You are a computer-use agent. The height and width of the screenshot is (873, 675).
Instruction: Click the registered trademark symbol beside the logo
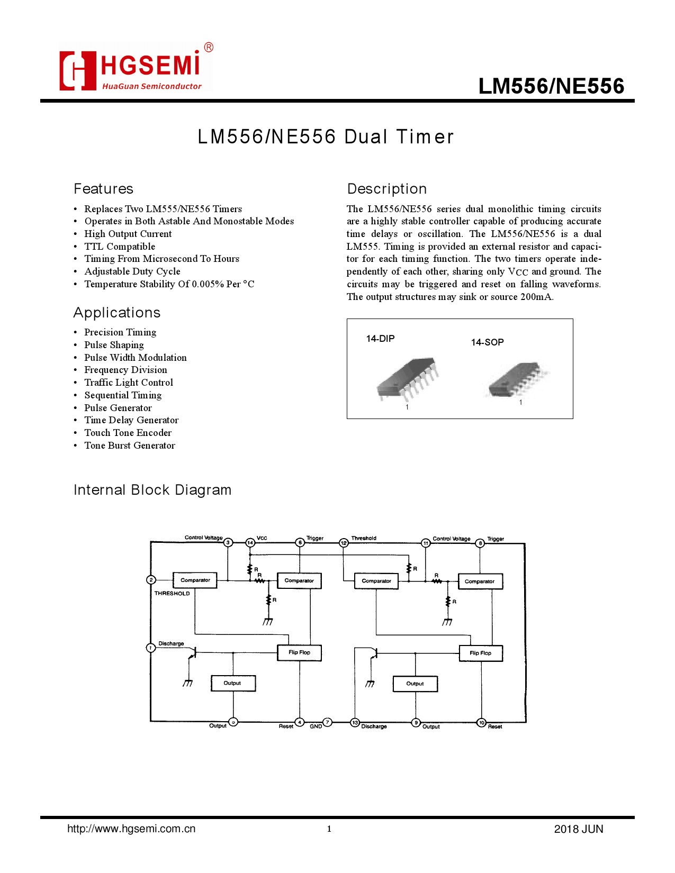[209, 48]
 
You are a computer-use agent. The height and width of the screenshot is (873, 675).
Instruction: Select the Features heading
[103, 189]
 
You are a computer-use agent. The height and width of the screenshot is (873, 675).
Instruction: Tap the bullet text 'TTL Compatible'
[120, 247]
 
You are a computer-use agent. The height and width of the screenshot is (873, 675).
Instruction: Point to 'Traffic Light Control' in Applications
[129, 383]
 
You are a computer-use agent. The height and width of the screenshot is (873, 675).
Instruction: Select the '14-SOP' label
[487, 342]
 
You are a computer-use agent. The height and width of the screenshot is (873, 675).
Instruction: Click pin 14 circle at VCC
[250, 543]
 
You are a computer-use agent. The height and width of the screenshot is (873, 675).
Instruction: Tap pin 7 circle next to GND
[328, 722]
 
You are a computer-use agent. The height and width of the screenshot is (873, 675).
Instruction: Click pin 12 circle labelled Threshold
[344, 543]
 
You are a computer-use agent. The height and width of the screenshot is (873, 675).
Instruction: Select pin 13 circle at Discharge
[355, 723]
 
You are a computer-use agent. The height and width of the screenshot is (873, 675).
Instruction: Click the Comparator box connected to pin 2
[195, 580]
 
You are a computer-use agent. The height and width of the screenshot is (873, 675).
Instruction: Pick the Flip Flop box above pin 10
[481, 653]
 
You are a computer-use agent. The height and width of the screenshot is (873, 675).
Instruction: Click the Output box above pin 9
[416, 684]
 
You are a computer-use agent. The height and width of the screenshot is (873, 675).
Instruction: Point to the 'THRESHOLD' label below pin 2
[172, 594]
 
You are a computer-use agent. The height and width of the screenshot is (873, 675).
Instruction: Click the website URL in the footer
[131, 829]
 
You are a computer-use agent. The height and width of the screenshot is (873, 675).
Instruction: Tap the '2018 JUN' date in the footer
[579, 829]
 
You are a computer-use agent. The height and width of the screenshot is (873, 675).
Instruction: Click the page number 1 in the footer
[329, 829]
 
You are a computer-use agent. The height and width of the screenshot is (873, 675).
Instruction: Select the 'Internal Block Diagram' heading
[152, 490]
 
